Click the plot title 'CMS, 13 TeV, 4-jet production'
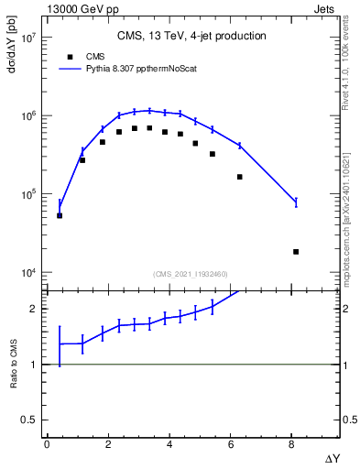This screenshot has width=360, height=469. [x=191, y=37]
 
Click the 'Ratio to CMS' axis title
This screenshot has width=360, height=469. [x=14, y=364]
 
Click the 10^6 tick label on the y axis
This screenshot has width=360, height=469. [x=27, y=116]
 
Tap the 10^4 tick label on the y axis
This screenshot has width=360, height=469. [x=27, y=273]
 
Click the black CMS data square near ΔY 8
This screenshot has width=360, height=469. [x=296, y=251]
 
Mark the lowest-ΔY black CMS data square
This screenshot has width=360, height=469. [x=60, y=215]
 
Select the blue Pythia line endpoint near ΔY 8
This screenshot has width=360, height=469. [x=296, y=202]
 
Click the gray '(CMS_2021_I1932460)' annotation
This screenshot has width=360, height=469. [x=191, y=273]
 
